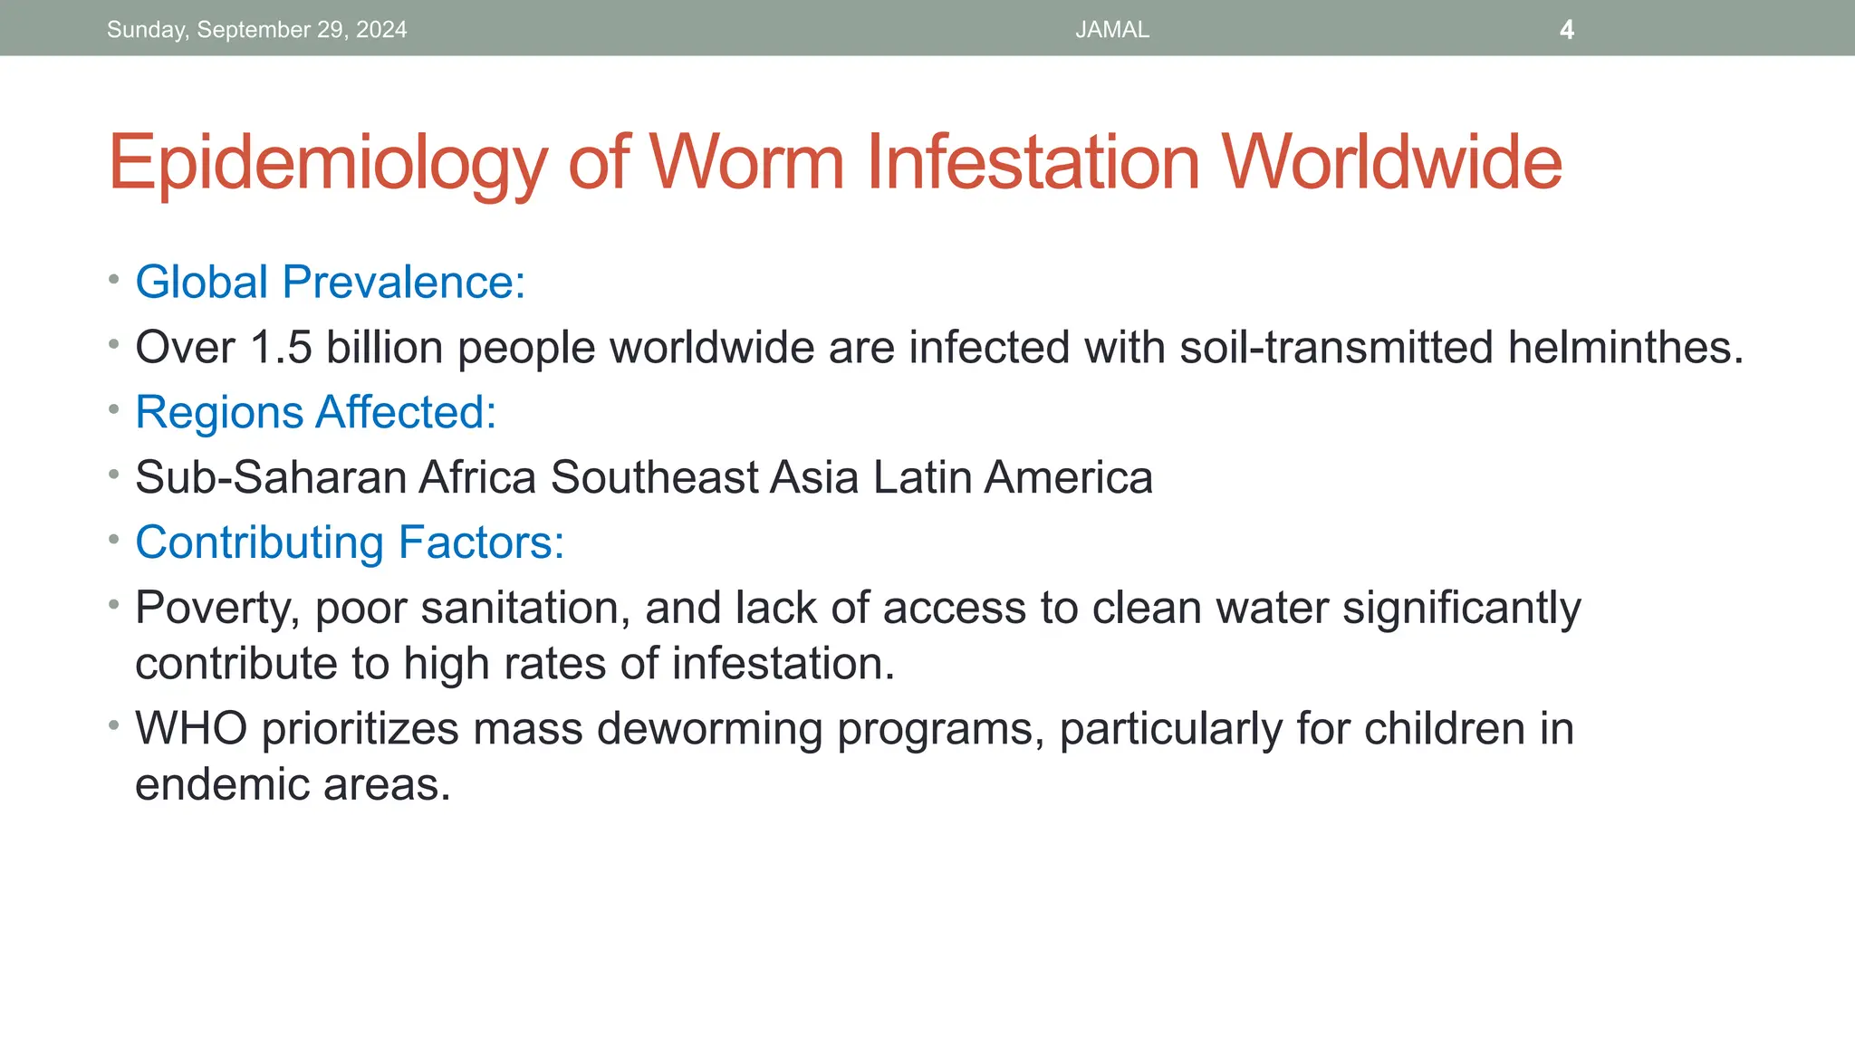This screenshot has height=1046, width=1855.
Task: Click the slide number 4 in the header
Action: pyautogui.click(x=1567, y=30)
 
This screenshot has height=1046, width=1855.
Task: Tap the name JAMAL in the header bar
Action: pyautogui.click(x=1112, y=30)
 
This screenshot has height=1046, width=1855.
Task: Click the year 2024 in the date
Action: pyautogui.click(x=381, y=30)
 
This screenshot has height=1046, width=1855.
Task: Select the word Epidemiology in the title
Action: pyautogui.click(x=328, y=163)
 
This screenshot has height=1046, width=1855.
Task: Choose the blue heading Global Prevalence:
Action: pyautogui.click(x=330, y=282)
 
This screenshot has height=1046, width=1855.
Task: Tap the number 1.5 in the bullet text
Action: pyautogui.click(x=281, y=348)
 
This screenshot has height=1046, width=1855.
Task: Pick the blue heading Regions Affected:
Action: pyautogui.click(x=315, y=412)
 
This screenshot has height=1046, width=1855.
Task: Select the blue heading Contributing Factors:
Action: pyautogui.click(x=350, y=542)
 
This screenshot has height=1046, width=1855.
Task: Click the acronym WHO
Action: pyautogui.click(x=191, y=728)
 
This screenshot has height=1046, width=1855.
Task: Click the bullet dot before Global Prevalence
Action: pyautogui.click(x=113, y=280)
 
